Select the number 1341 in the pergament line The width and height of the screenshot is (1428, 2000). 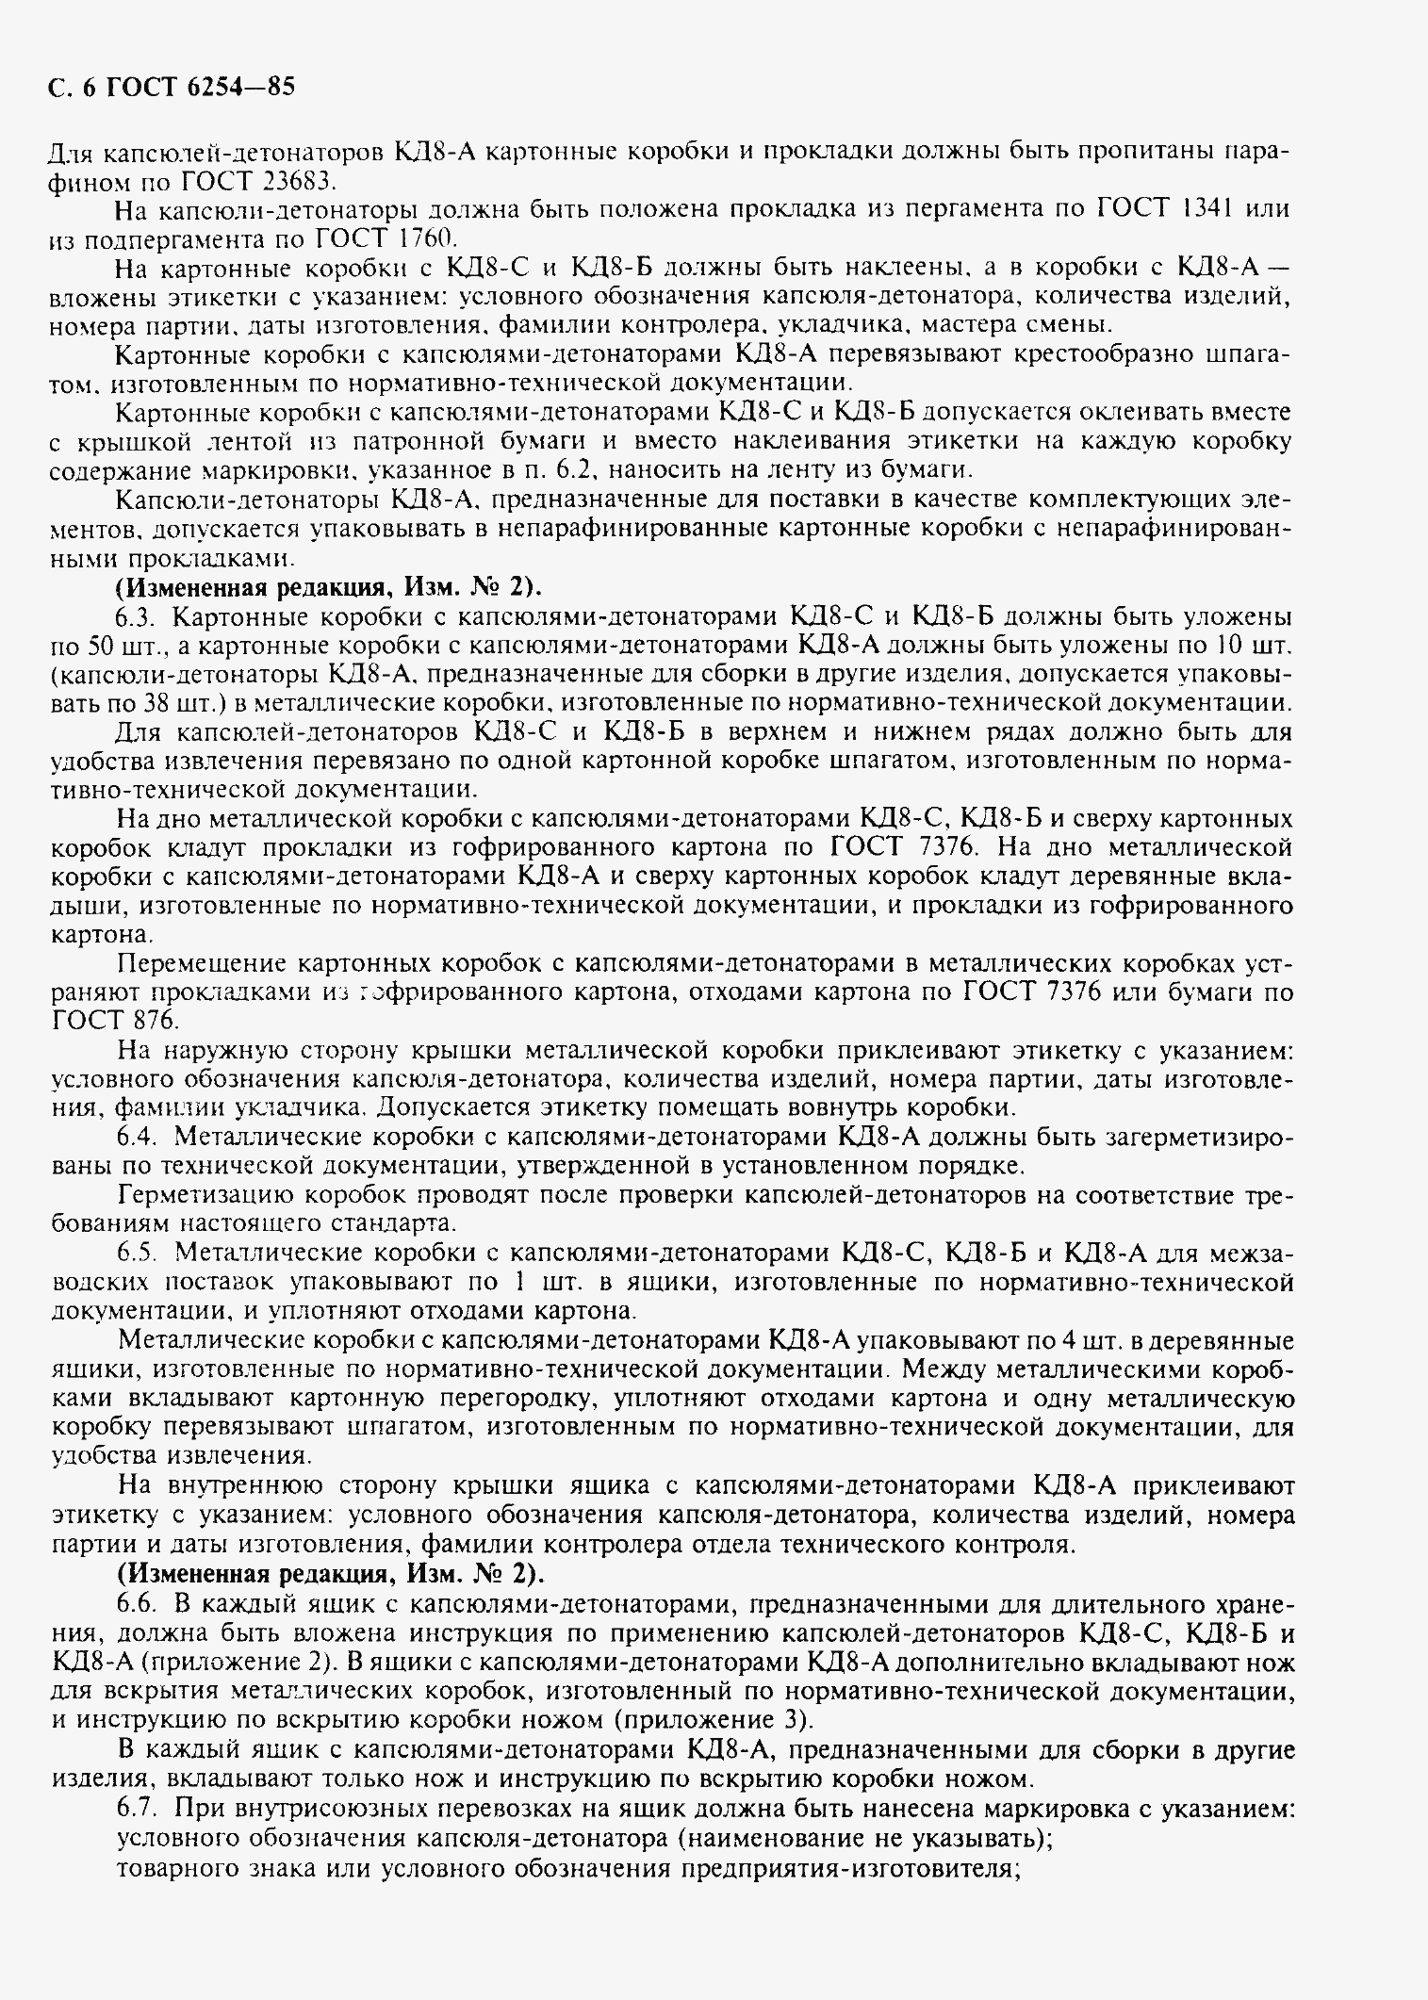(1207, 209)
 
